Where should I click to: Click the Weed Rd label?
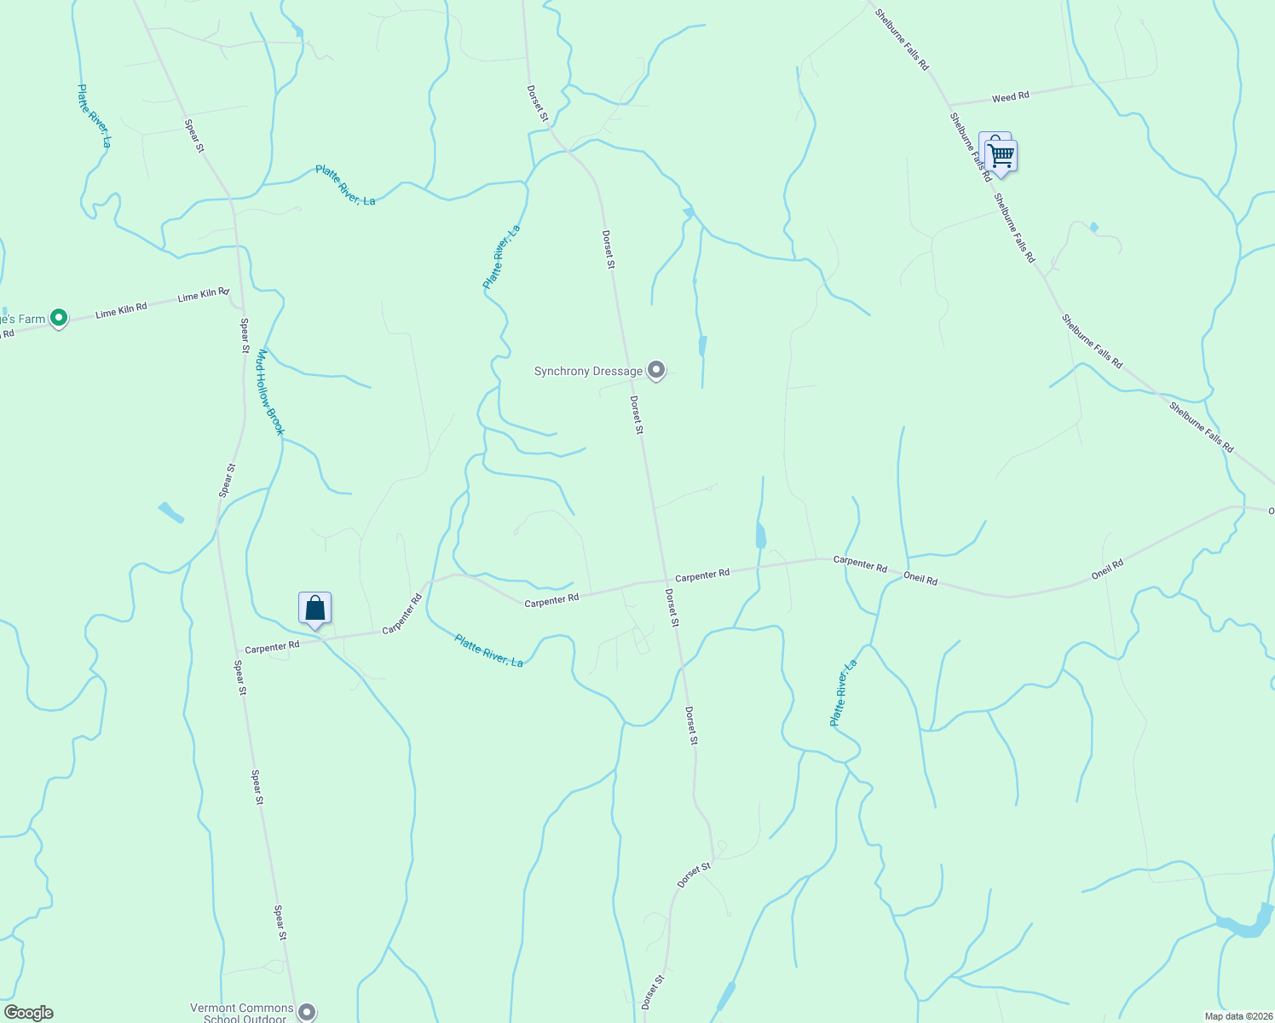1010,97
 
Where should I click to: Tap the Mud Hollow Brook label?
269,391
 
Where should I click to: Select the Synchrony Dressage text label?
588,372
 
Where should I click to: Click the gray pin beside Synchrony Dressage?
656,370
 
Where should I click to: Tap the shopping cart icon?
1001,157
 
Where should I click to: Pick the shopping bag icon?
314,609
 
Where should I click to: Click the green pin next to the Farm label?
59,318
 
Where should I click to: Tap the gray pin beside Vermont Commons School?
307,1012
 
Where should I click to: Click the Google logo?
29,1013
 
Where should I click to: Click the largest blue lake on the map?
1244,926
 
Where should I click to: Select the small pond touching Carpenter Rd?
760,536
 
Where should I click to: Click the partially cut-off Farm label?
22,320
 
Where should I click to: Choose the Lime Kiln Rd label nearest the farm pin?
121,309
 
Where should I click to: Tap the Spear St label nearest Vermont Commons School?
280,924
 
